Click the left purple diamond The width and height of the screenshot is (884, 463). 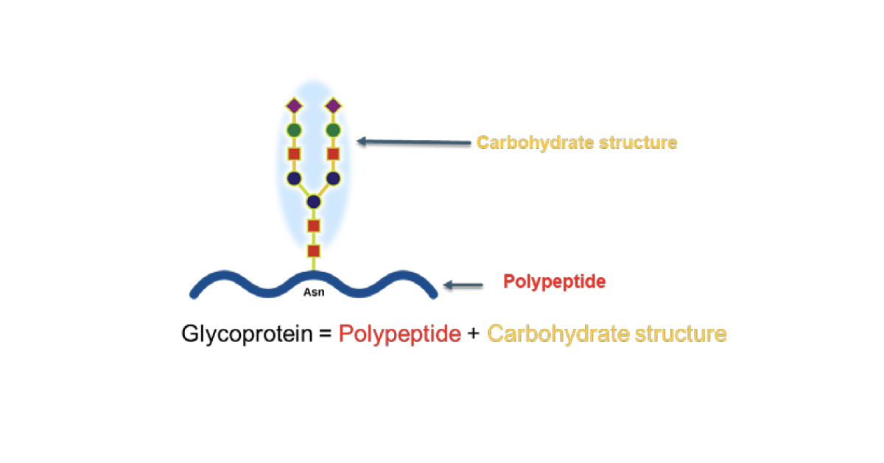tap(294, 106)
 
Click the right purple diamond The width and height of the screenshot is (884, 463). tap(334, 106)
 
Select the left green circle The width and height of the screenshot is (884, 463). tap(294, 130)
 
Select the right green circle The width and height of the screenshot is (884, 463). tap(334, 130)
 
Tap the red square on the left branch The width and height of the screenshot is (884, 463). tap(294, 153)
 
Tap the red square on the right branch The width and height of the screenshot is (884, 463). tap(334, 153)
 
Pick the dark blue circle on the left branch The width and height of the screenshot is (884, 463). tap(294, 178)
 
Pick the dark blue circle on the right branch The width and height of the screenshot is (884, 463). tap(334, 178)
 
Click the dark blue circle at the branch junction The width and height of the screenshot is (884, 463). tap(314, 202)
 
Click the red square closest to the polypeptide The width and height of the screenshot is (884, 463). tap(314, 251)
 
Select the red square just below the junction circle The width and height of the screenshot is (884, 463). tap(314, 226)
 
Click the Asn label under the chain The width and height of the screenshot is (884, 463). tap(314, 293)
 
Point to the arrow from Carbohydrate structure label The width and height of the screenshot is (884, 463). tap(413, 142)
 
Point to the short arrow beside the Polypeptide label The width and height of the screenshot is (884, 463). tap(463, 285)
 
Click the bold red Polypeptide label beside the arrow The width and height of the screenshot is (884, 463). tap(555, 282)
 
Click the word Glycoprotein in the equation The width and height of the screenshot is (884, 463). tap(247, 334)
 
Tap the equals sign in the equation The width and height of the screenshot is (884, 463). tap(326, 334)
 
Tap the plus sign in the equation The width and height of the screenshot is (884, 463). tap(474, 334)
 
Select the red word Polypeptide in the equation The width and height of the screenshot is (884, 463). tap(400, 335)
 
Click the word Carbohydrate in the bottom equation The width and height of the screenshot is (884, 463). tap(558, 335)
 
